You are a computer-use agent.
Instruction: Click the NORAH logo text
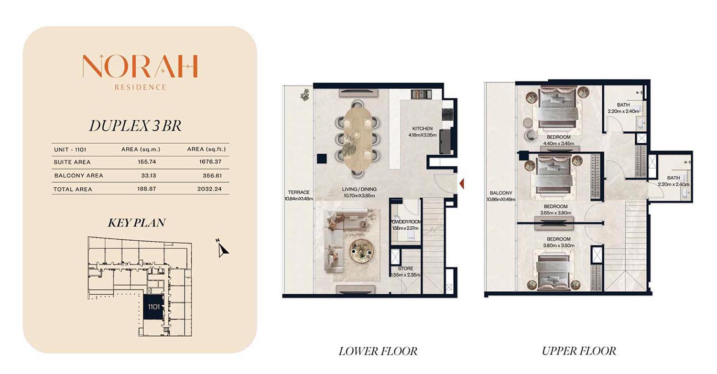point(140,66)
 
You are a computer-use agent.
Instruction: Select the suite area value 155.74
point(147,162)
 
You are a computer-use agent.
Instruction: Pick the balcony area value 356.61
point(212,175)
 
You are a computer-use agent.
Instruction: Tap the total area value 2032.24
point(209,189)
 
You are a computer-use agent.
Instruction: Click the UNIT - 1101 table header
point(70,150)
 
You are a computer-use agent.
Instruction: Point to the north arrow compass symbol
point(222,248)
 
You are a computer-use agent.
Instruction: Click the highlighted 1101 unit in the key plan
point(153,307)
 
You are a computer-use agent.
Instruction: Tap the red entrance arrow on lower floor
point(462,183)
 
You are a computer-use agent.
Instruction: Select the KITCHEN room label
point(422,128)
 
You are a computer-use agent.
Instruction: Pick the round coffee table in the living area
point(361,251)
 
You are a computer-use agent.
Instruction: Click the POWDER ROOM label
point(405,222)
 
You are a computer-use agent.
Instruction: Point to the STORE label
point(405,268)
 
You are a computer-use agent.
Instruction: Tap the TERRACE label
point(299,192)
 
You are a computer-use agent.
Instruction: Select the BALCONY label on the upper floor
point(501,193)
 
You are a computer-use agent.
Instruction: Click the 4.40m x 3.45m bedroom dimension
point(559,143)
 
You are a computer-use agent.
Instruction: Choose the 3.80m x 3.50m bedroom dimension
point(559,246)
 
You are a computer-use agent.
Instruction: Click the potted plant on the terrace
point(305,95)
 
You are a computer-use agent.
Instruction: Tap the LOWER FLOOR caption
point(378,351)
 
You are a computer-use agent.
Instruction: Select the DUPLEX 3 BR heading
point(135,126)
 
